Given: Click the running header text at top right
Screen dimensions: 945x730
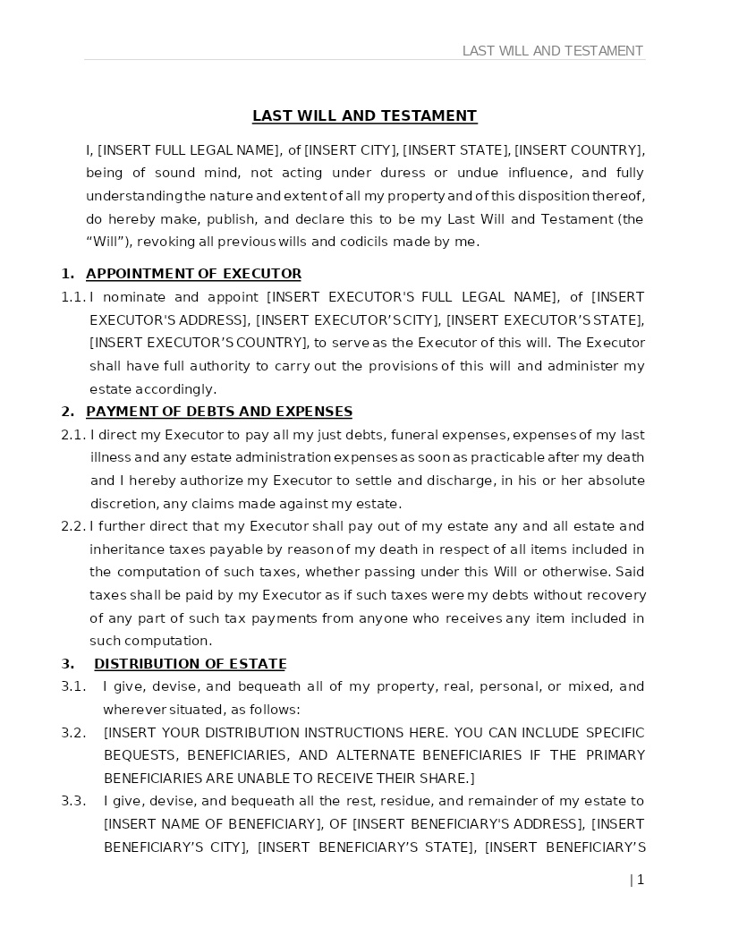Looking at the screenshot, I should [552, 51].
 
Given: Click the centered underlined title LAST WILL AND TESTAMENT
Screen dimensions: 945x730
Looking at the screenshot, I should [364, 115].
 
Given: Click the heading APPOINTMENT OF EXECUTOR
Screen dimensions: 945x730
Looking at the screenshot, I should [193, 274].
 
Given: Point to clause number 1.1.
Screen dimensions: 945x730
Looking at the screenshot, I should [72, 297].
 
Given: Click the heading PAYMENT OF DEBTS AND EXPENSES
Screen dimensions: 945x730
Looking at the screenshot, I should [219, 412].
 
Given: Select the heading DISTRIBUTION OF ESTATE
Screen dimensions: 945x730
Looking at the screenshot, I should [190, 664].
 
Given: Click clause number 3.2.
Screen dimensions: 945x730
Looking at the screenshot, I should [73, 733].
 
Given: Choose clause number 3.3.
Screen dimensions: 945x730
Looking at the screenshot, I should [73, 801].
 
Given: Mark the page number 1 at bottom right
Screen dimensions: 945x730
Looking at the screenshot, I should [640, 880].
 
